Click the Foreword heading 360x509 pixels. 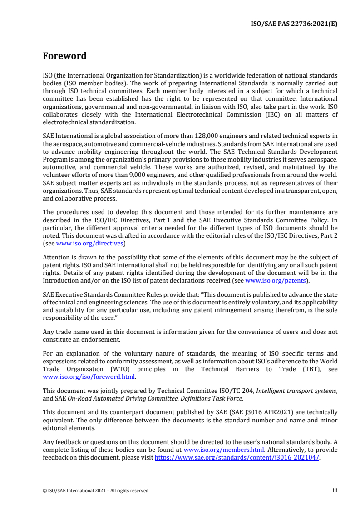point(64,56)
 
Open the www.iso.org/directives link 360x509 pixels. point(89,244)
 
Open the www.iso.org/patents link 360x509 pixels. point(275,280)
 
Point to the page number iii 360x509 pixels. point(335,490)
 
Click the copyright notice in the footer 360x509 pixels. point(95,490)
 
